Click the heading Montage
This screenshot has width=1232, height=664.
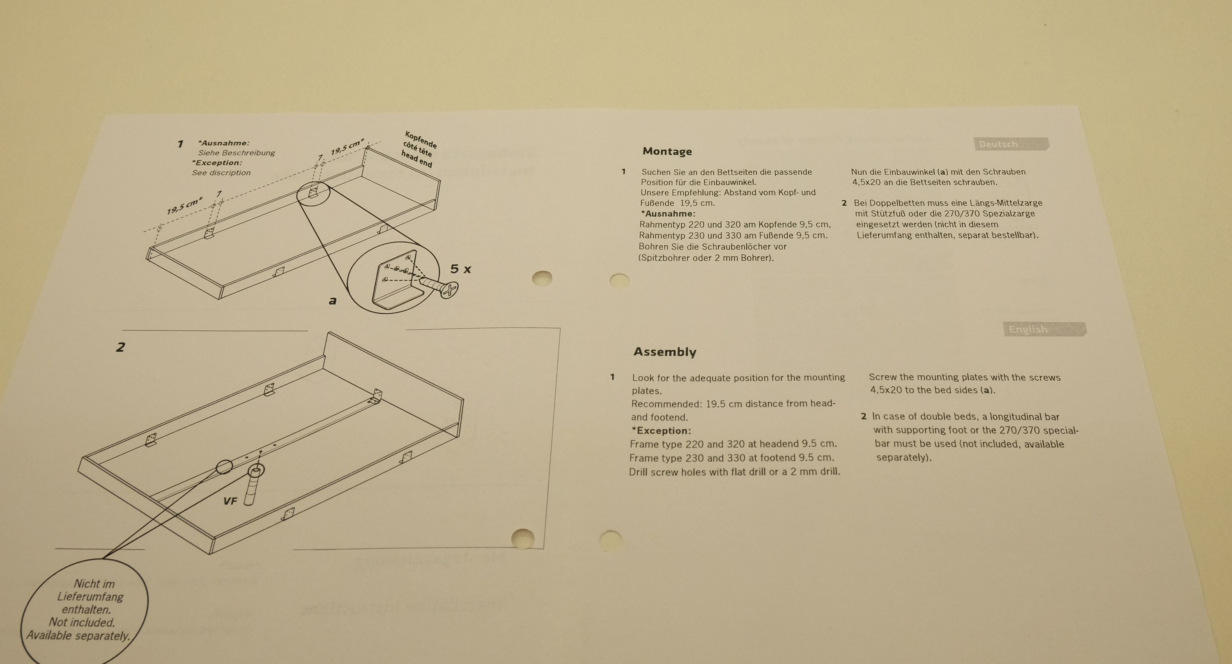pos(667,151)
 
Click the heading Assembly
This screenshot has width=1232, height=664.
pos(665,352)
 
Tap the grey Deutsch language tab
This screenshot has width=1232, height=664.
pos(1011,144)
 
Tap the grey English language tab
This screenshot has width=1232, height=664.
pos(1044,329)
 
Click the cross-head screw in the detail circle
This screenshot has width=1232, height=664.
pos(438,286)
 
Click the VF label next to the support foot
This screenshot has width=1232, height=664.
pos(230,501)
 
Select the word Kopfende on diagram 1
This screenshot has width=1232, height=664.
pos(421,139)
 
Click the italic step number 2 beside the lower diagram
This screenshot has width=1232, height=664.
pos(120,347)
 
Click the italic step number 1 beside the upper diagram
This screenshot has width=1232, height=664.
pos(180,144)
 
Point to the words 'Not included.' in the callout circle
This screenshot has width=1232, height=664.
pos(82,622)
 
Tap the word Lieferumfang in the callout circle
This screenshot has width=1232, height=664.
pos(90,597)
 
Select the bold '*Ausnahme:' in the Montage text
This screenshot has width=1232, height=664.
pos(668,213)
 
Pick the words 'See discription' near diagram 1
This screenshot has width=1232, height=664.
pos(221,173)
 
